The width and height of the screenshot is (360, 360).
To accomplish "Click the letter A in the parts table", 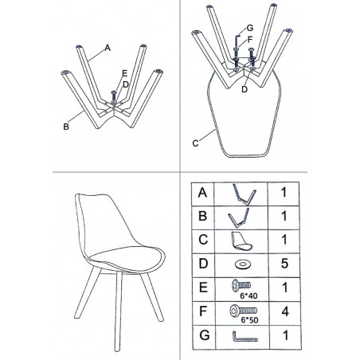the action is point(202,193).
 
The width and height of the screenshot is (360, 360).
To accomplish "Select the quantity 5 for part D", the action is point(284,264).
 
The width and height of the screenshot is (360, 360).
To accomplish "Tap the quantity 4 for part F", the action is point(285,311).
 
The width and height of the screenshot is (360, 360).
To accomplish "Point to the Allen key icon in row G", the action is point(245,336).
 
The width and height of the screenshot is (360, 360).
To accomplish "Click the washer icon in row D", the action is point(243,264).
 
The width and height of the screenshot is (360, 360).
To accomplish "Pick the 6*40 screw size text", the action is point(248,295).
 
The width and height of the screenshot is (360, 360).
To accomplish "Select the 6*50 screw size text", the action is point(249,320).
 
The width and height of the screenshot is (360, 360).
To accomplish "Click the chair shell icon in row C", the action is point(241,241).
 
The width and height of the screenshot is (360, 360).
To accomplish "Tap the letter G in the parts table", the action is point(205,335).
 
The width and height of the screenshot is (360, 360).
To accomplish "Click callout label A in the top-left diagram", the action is point(108,48).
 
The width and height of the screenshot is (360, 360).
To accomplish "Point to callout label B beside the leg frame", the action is point(66,127).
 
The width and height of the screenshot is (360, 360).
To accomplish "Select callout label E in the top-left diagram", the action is point(125,73).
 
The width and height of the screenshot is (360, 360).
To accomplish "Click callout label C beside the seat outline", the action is point(195,143).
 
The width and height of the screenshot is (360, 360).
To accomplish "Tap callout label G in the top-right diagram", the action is point(250,28).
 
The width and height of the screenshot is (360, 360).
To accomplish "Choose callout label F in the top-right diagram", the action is point(249,40).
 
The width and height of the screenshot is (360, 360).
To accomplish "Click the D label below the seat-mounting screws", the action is point(245,89).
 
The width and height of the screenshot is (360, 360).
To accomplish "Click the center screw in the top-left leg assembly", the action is point(114,96).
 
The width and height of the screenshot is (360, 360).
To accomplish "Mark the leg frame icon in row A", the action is point(245,194).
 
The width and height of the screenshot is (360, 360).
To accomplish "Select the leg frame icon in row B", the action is point(239,217).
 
